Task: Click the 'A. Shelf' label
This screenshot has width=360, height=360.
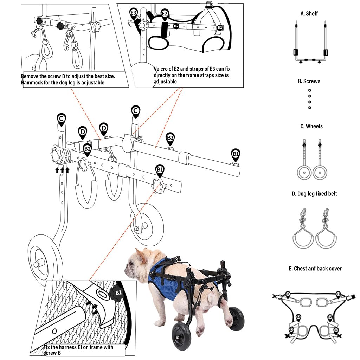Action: coord(309,14)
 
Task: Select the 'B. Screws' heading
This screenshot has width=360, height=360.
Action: coord(309,81)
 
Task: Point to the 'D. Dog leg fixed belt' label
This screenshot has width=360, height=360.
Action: coord(314,194)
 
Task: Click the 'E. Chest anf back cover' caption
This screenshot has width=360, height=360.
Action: coord(315,269)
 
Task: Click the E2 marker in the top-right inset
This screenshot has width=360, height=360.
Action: coord(165,14)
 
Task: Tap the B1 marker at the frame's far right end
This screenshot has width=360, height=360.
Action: coord(236,154)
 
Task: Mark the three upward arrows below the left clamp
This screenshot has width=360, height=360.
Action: coord(62,171)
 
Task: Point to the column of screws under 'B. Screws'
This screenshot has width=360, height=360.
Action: coord(309,98)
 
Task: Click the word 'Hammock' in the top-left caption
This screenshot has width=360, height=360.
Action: coord(32,83)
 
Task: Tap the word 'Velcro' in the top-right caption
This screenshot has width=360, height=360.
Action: coord(162,69)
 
